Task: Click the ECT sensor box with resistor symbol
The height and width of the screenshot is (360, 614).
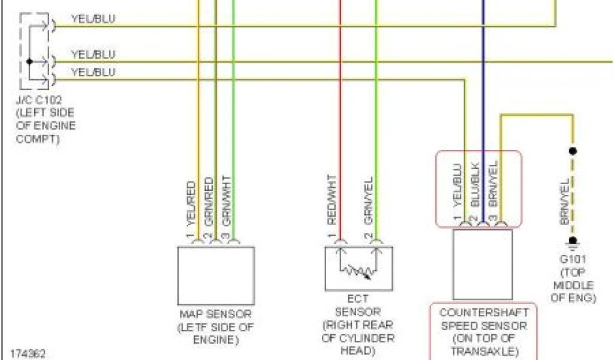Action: click(359, 267)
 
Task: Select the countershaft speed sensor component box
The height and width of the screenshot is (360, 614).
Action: click(482, 264)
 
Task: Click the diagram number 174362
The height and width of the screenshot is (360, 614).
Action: click(23, 353)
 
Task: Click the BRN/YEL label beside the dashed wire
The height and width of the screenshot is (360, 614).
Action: click(564, 202)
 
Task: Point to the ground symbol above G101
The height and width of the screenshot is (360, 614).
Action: click(573, 242)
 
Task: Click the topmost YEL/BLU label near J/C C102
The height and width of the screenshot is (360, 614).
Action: click(93, 19)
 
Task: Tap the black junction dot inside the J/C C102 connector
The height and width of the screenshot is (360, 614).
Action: click(29, 61)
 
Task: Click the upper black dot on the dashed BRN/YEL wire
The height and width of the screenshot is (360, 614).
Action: click(573, 151)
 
